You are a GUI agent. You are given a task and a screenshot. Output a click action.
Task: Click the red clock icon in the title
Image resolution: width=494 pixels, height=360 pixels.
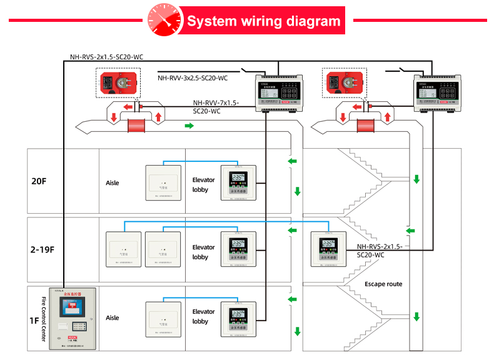pyautogui.click(x=161, y=21)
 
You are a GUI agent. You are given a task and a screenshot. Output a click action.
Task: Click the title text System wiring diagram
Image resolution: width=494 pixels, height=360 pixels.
pyautogui.click(x=263, y=21)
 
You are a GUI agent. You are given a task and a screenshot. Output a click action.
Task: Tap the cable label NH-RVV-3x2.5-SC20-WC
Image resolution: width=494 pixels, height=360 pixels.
pyautogui.click(x=193, y=78)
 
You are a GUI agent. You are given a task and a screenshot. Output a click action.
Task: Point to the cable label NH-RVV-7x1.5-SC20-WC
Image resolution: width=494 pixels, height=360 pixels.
pyautogui.click(x=215, y=107)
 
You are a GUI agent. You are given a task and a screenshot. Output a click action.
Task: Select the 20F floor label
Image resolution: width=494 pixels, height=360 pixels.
pyautogui.click(x=39, y=181)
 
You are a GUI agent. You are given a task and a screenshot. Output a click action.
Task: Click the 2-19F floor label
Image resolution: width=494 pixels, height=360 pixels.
pyautogui.click(x=43, y=249)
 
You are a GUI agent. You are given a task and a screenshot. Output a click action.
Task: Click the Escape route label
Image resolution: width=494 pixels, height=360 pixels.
pyautogui.click(x=383, y=284)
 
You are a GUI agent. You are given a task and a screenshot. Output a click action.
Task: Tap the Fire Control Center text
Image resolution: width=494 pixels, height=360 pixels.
pyautogui.click(x=44, y=319)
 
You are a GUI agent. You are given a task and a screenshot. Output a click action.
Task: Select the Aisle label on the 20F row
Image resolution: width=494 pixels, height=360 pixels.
pyautogui.click(x=113, y=183)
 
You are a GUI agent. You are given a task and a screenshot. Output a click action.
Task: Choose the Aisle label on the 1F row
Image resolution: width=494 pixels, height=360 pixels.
pyautogui.click(x=113, y=317)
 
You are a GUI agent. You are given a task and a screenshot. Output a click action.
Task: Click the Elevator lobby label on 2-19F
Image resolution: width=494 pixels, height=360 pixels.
pyautogui.click(x=203, y=252)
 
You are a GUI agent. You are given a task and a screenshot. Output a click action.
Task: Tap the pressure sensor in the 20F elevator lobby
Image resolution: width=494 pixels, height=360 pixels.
pyautogui.click(x=238, y=182)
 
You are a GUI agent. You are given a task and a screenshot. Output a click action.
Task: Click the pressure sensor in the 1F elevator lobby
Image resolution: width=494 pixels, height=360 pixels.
pyautogui.click(x=238, y=319)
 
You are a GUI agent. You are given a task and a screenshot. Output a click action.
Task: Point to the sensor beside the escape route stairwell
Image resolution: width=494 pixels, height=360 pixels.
pyautogui.click(x=328, y=249)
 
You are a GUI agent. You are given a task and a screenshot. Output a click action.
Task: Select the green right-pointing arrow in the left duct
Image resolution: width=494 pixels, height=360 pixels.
pyautogui.click(x=189, y=126)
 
